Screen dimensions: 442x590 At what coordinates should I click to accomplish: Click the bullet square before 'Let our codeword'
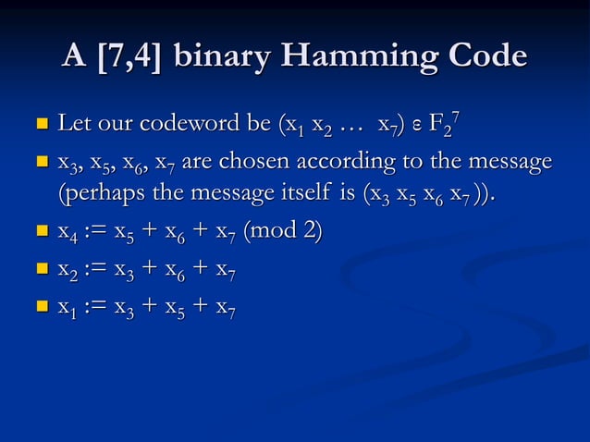click(x=41, y=124)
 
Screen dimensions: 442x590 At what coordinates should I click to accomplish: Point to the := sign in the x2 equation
click(x=96, y=269)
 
